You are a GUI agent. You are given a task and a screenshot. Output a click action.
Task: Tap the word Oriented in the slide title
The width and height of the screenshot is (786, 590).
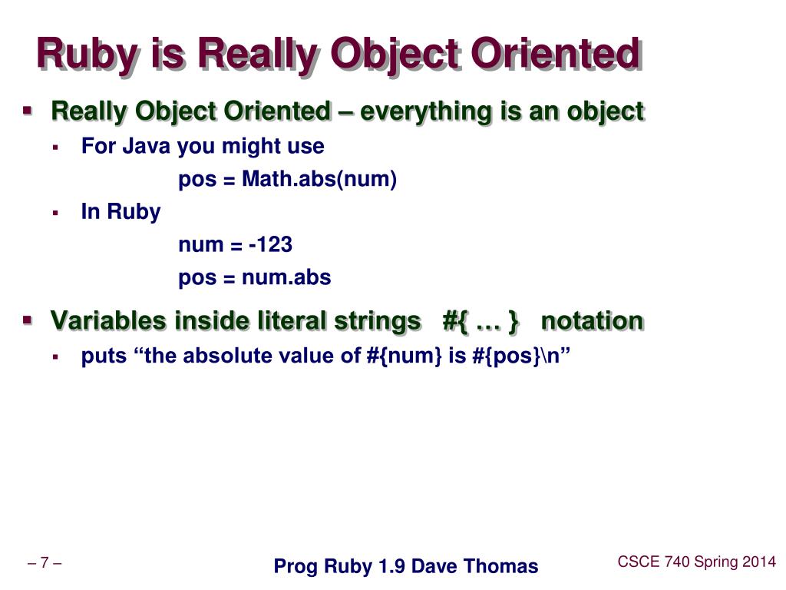pyautogui.click(x=554, y=55)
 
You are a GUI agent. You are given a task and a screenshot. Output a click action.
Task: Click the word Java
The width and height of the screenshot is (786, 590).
pyautogui.click(x=147, y=146)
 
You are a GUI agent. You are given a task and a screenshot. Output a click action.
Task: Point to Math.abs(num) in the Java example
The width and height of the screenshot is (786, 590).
pyautogui.click(x=319, y=180)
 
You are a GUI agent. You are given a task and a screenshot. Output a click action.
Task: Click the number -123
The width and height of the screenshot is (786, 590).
pyautogui.click(x=270, y=244)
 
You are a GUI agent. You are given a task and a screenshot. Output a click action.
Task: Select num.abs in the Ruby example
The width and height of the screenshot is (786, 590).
pyautogui.click(x=286, y=277)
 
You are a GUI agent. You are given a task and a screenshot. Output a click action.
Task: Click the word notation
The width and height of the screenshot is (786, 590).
pyautogui.click(x=592, y=320)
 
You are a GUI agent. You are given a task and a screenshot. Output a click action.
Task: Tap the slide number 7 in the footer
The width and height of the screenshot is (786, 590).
pyautogui.click(x=45, y=563)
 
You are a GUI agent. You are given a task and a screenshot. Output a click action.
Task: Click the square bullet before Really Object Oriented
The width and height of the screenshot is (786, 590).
pyautogui.click(x=28, y=111)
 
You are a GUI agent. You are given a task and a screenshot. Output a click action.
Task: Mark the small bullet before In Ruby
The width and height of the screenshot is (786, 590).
pyautogui.click(x=56, y=213)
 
